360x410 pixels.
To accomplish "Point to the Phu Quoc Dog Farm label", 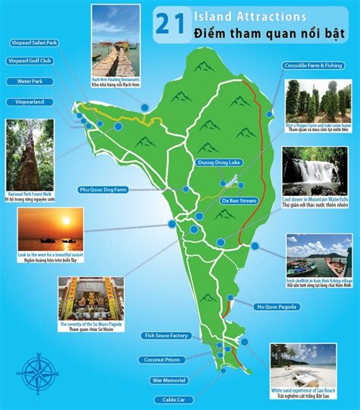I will point(106,189).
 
